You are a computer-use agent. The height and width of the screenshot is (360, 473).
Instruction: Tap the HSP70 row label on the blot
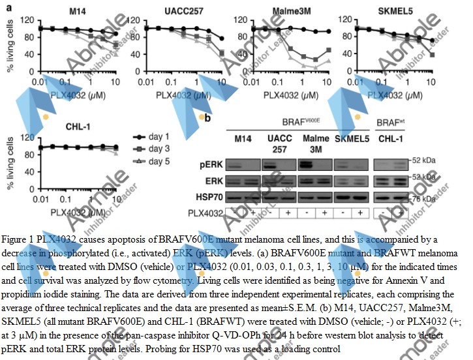click(x=207, y=196)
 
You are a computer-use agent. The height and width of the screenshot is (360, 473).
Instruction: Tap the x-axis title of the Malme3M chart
click(x=293, y=94)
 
